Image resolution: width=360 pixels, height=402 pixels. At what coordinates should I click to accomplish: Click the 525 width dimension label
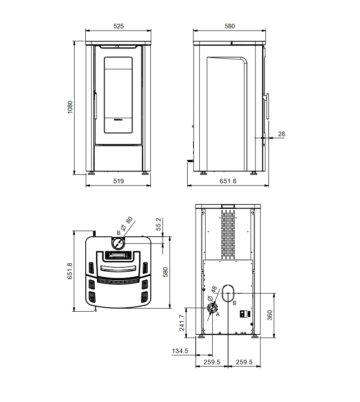point(119,26)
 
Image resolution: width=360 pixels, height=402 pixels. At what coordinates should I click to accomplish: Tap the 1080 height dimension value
point(70,107)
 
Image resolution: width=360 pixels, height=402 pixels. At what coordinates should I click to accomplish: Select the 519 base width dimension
point(119,181)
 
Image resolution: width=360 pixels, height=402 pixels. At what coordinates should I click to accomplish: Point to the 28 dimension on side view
point(281,134)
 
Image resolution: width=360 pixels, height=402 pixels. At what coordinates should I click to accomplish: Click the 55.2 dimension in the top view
point(158,224)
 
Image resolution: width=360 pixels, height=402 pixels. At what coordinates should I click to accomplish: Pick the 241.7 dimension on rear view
point(182,323)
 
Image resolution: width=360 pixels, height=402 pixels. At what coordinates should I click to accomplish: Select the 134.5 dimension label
point(180,351)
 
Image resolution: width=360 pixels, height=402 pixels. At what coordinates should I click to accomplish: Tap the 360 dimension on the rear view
point(270,315)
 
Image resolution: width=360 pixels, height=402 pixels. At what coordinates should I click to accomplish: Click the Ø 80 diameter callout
point(127,224)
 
